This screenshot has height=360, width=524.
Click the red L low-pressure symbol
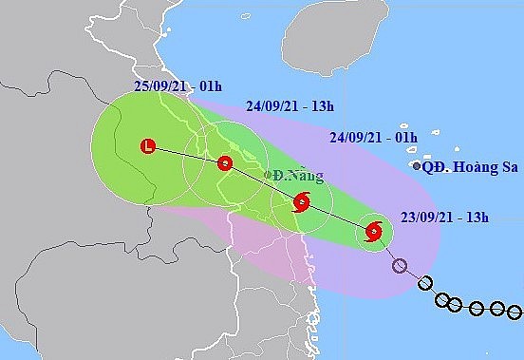point(147,146)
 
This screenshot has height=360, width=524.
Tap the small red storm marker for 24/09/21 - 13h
point(225,163)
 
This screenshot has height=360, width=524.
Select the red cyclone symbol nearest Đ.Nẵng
point(301,201)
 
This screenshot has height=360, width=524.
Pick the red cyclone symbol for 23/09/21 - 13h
point(373,231)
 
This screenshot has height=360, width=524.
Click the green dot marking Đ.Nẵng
point(269,175)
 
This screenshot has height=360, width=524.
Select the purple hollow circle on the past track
point(400,266)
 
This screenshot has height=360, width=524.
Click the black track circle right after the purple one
point(425,282)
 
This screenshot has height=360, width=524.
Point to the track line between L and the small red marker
point(186,155)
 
